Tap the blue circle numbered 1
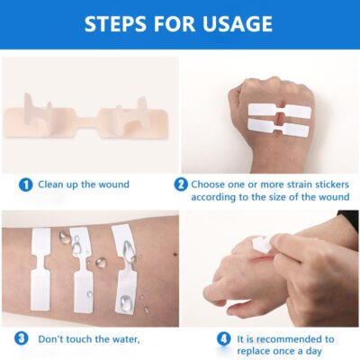[x=25, y=184]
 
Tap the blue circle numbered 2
[x=181, y=184]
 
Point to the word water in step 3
[x=123, y=339]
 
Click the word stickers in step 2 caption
[x=316, y=184]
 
